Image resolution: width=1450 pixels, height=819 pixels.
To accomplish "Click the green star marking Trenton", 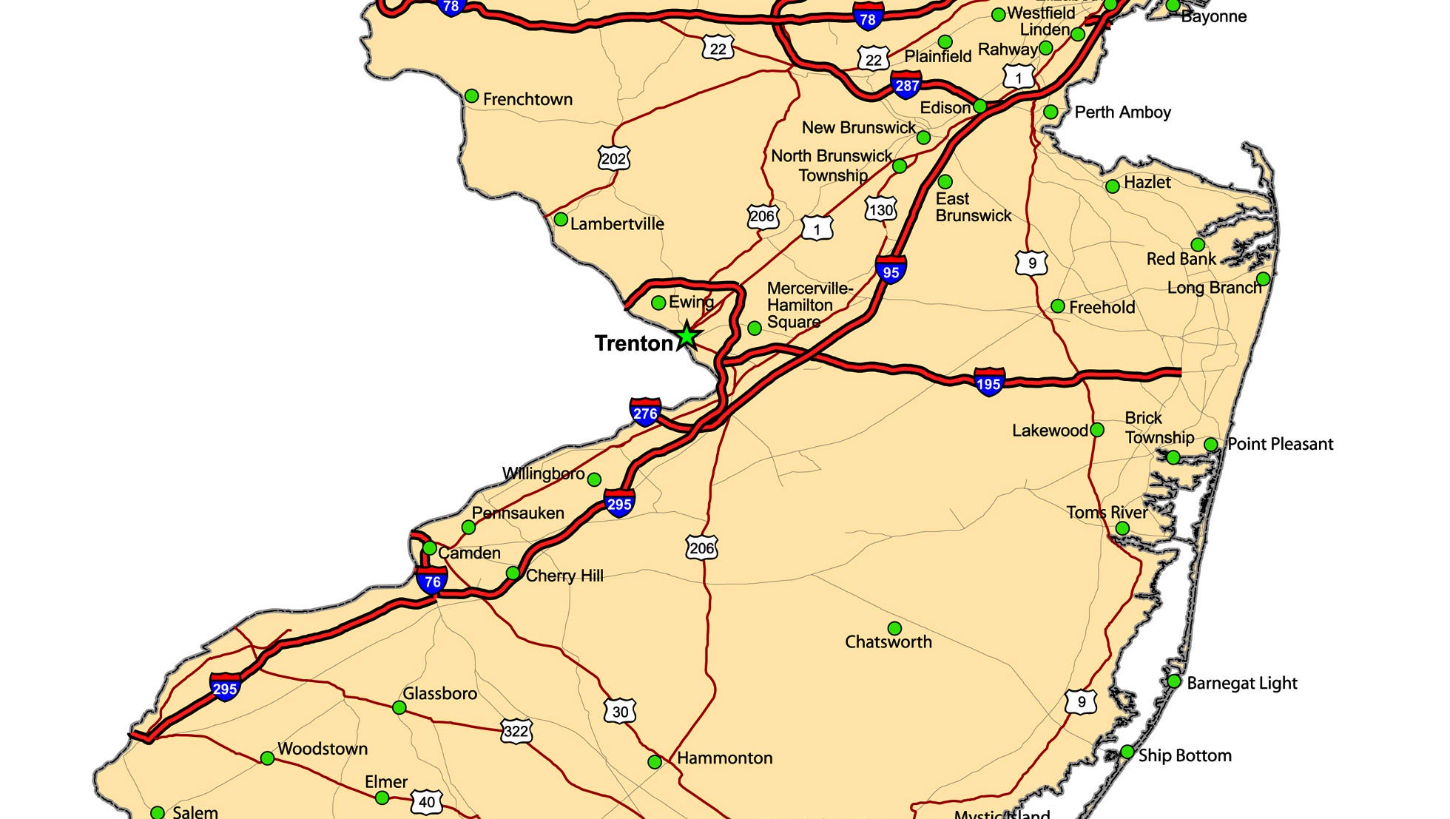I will pos(687,337).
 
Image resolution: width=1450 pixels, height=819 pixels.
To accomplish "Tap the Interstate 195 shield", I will pos(989,382).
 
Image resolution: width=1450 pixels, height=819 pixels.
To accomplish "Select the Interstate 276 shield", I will pos(645,412).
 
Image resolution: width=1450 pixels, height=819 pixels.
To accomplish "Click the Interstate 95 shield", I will pos(890,270).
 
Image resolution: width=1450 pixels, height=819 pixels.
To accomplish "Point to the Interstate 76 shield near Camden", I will pos(432,581).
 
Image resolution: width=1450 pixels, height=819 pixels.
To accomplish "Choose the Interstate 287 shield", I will pos(906,85).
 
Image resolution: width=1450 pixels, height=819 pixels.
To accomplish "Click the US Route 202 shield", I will pos(613,158).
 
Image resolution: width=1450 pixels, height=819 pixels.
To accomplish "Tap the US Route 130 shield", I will pos(880,210).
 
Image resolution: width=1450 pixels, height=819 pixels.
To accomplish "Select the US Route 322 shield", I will pos(516,732).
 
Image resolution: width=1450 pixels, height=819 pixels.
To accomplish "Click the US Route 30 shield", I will pos(620,712).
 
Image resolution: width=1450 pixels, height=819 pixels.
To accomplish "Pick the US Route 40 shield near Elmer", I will pos(427,802).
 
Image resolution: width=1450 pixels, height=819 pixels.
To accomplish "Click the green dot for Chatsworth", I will pos(894,628).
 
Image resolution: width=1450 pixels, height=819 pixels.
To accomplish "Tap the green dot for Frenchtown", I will pos(471,96).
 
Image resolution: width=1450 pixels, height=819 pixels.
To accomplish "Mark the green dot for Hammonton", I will pos(655,761).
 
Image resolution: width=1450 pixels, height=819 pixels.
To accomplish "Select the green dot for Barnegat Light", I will pos(1174,681).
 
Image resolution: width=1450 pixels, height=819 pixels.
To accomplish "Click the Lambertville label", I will pos(616,223).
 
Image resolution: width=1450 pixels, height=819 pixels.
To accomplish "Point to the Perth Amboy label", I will pos(1122,112).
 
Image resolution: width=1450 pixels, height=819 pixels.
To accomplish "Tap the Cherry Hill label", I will pos(564,576).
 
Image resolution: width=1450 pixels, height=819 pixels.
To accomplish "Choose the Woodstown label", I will pos(323,749).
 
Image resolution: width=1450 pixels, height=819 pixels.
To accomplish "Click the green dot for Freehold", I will pos(1058,306).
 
